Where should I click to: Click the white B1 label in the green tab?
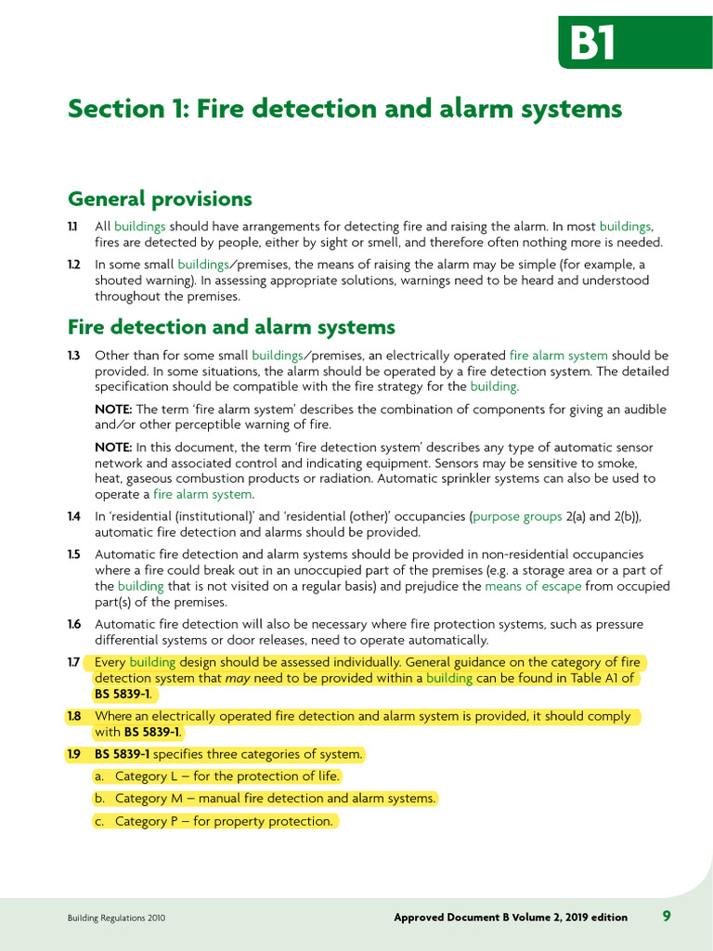[x=592, y=43]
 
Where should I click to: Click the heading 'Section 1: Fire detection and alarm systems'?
[x=344, y=109]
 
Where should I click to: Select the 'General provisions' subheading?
[x=160, y=199]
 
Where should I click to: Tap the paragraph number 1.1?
[x=72, y=227]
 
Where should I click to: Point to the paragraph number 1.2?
[x=73, y=265]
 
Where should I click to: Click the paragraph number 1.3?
[x=73, y=356]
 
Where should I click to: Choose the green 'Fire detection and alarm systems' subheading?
[x=231, y=327]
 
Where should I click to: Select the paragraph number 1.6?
[x=73, y=624]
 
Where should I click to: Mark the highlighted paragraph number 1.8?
[x=74, y=716]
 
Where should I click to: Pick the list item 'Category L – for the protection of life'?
[x=227, y=776]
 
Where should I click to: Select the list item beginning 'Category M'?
[x=275, y=799]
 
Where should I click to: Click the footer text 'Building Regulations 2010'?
[x=116, y=918]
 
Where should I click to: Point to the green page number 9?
[x=667, y=917]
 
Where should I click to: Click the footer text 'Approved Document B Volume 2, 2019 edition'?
[x=511, y=918]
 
